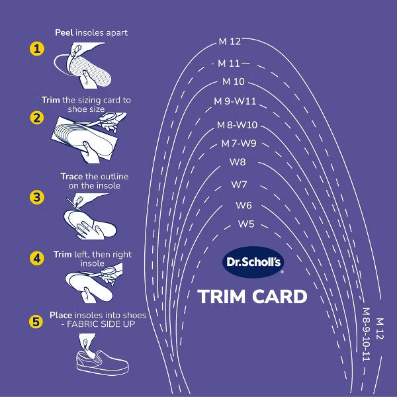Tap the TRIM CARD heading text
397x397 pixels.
[253, 296]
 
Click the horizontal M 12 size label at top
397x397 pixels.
[230, 42]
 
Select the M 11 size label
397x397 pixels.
[230, 63]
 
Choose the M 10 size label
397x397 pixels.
[234, 82]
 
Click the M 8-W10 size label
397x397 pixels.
[237, 125]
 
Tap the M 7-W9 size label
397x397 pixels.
[238, 144]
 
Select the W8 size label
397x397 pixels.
[238, 162]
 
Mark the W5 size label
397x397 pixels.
[246, 224]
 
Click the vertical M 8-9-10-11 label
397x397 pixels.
[366, 334]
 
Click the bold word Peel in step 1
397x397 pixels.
[64, 32]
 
